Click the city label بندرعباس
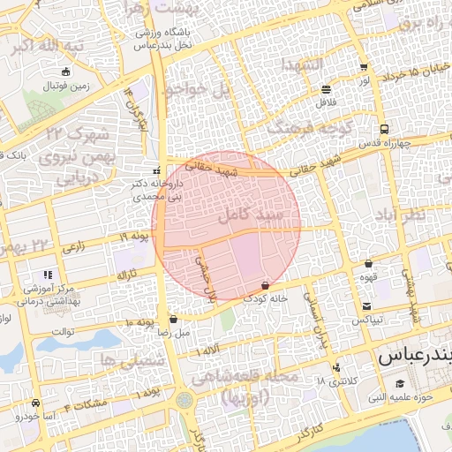(x=413, y=358)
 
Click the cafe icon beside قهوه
(x=368, y=263)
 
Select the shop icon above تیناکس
(x=365, y=306)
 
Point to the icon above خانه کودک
(x=266, y=285)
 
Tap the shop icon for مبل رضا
(x=173, y=319)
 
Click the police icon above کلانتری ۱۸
(x=335, y=368)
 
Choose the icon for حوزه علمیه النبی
(x=399, y=383)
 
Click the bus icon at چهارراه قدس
(x=382, y=129)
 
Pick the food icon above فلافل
(x=327, y=89)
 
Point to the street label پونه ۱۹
(x=135, y=237)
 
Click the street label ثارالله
(x=126, y=275)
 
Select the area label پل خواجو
(x=195, y=89)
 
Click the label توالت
(x=65, y=332)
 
